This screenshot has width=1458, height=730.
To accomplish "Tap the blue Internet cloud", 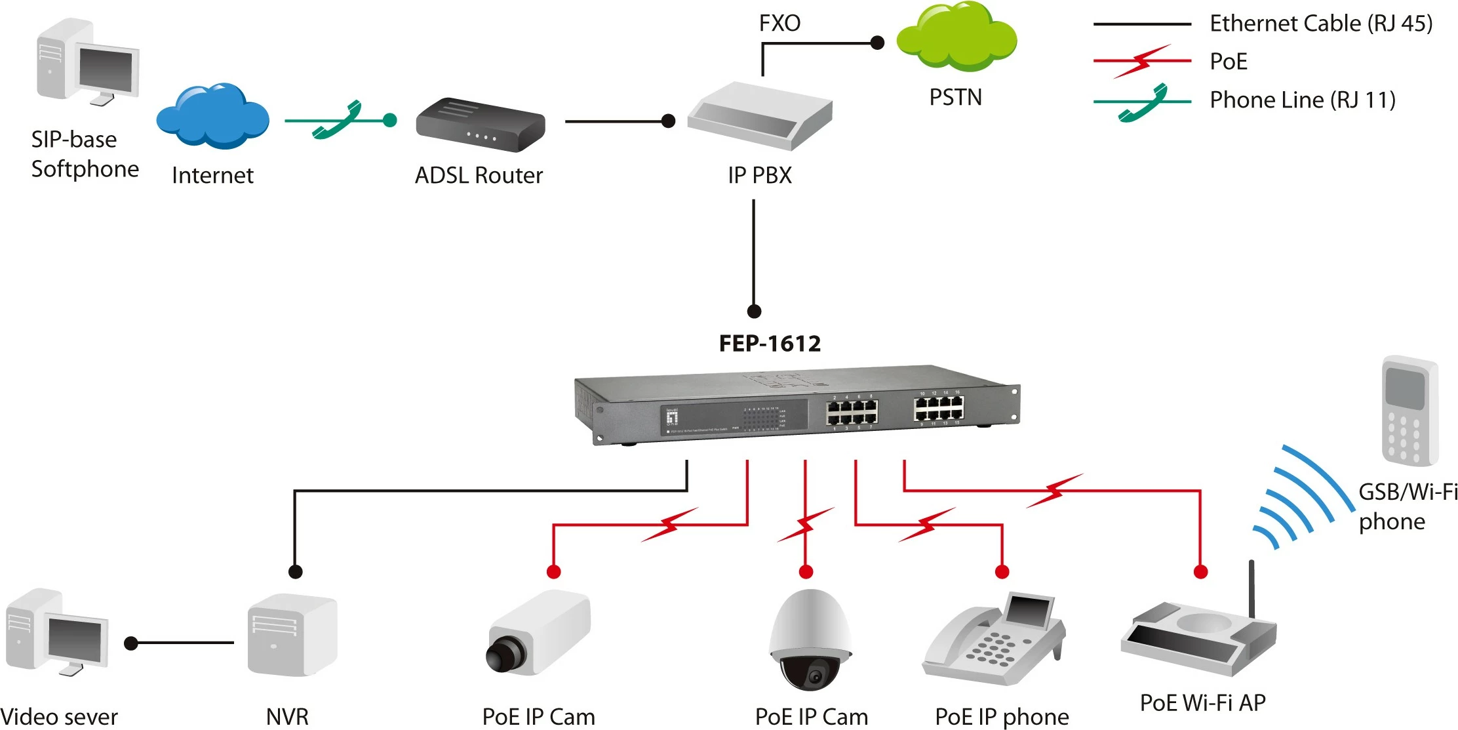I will point(212,117).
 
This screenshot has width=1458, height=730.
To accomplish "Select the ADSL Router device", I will point(480,125).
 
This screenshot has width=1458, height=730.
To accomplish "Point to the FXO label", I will point(779,24).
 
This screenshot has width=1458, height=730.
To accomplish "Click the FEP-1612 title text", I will point(770,344).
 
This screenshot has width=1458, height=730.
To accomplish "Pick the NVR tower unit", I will point(292,635).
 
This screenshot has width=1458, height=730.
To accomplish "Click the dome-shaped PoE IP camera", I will point(810,639).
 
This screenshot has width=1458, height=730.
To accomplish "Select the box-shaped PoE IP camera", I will point(538,633).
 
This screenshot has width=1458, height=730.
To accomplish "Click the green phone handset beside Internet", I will point(338,120).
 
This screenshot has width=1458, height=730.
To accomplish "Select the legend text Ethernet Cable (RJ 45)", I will point(1321,24).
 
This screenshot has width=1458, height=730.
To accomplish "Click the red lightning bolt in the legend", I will point(1142,61).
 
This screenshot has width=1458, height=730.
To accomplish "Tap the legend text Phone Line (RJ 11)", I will point(1303,100).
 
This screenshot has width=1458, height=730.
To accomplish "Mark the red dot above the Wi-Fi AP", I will point(1201,572).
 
